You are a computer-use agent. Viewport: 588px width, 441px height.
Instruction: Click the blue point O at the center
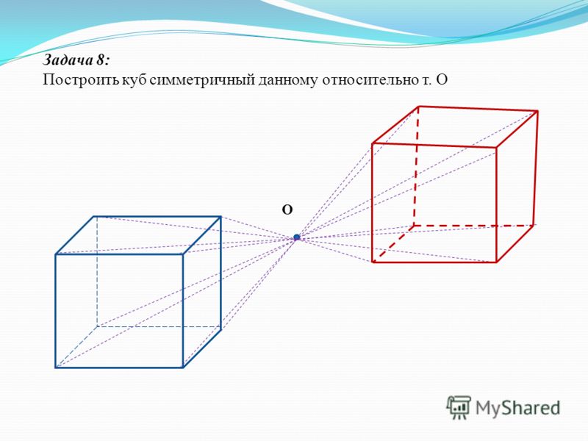coord(297,237)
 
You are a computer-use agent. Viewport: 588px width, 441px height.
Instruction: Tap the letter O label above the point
coord(287,210)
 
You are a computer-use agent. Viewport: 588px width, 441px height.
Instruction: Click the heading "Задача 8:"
coord(76,60)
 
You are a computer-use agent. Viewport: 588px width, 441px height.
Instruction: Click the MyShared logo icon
coord(459,407)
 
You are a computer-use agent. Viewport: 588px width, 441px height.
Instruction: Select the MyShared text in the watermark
coord(517,408)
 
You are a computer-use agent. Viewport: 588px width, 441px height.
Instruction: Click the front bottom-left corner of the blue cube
coord(56,367)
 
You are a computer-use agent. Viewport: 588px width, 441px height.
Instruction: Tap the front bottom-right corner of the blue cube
coord(183,367)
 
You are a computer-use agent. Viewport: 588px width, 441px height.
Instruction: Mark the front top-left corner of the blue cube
coord(56,254)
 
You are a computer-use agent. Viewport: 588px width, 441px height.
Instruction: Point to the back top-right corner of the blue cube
coord(220,216)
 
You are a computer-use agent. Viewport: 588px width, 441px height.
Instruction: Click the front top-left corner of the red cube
coord(373,143)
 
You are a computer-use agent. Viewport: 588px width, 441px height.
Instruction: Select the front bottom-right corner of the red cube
coord(497,262)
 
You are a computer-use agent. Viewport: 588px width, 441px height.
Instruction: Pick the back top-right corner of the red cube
coord(538,111)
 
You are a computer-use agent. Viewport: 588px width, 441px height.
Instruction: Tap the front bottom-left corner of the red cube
coord(373,262)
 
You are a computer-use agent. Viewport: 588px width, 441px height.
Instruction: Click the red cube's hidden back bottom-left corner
coord(414,226)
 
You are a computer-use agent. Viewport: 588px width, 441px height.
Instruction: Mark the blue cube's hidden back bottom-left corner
coord(97,326)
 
